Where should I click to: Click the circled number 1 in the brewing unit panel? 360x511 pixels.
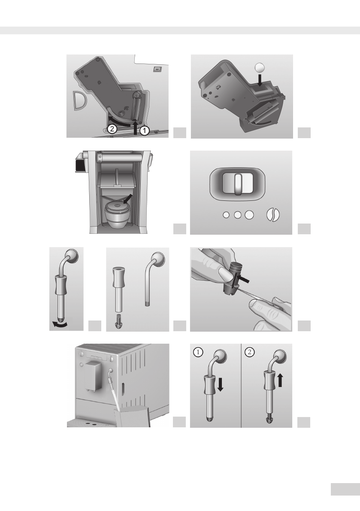[144, 131]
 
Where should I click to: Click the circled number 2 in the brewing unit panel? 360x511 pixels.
[112, 129]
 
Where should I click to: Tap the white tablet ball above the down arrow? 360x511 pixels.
[260, 67]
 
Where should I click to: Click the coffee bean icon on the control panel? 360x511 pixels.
[273, 215]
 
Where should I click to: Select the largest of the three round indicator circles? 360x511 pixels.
[249, 215]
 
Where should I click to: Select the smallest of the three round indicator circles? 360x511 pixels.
[226, 215]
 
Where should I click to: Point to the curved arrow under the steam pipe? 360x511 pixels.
[60, 324]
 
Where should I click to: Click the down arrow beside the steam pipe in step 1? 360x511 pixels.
[220, 384]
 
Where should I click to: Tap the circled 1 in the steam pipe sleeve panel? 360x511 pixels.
[198, 352]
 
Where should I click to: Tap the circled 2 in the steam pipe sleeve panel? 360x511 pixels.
[250, 352]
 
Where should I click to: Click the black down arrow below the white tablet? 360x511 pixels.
[260, 80]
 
